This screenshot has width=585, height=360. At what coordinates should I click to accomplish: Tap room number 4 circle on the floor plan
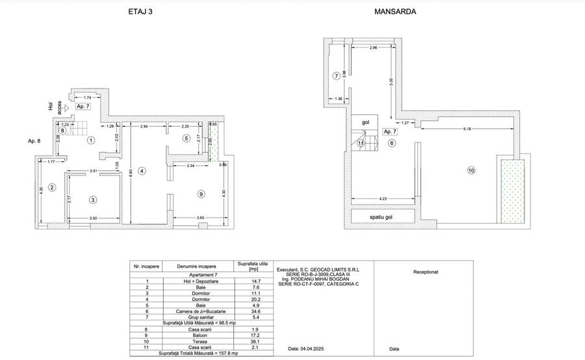[142, 171]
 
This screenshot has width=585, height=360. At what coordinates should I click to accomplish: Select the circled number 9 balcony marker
[201, 194]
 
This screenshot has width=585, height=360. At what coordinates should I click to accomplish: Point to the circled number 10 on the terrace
[471, 171]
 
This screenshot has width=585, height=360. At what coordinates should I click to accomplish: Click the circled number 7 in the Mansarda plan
[336, 76]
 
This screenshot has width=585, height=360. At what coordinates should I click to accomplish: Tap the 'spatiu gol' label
[382, 217]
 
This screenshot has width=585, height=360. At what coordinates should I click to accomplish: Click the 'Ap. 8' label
[34, 140]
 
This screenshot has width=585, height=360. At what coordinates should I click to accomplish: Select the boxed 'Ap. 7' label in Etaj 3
[83, 106]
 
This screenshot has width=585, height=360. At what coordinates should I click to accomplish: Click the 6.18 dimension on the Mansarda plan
[467, 129]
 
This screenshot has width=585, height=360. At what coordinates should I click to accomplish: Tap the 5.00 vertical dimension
[391, 81]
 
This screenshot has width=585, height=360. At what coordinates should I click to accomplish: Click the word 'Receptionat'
[426, 272]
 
